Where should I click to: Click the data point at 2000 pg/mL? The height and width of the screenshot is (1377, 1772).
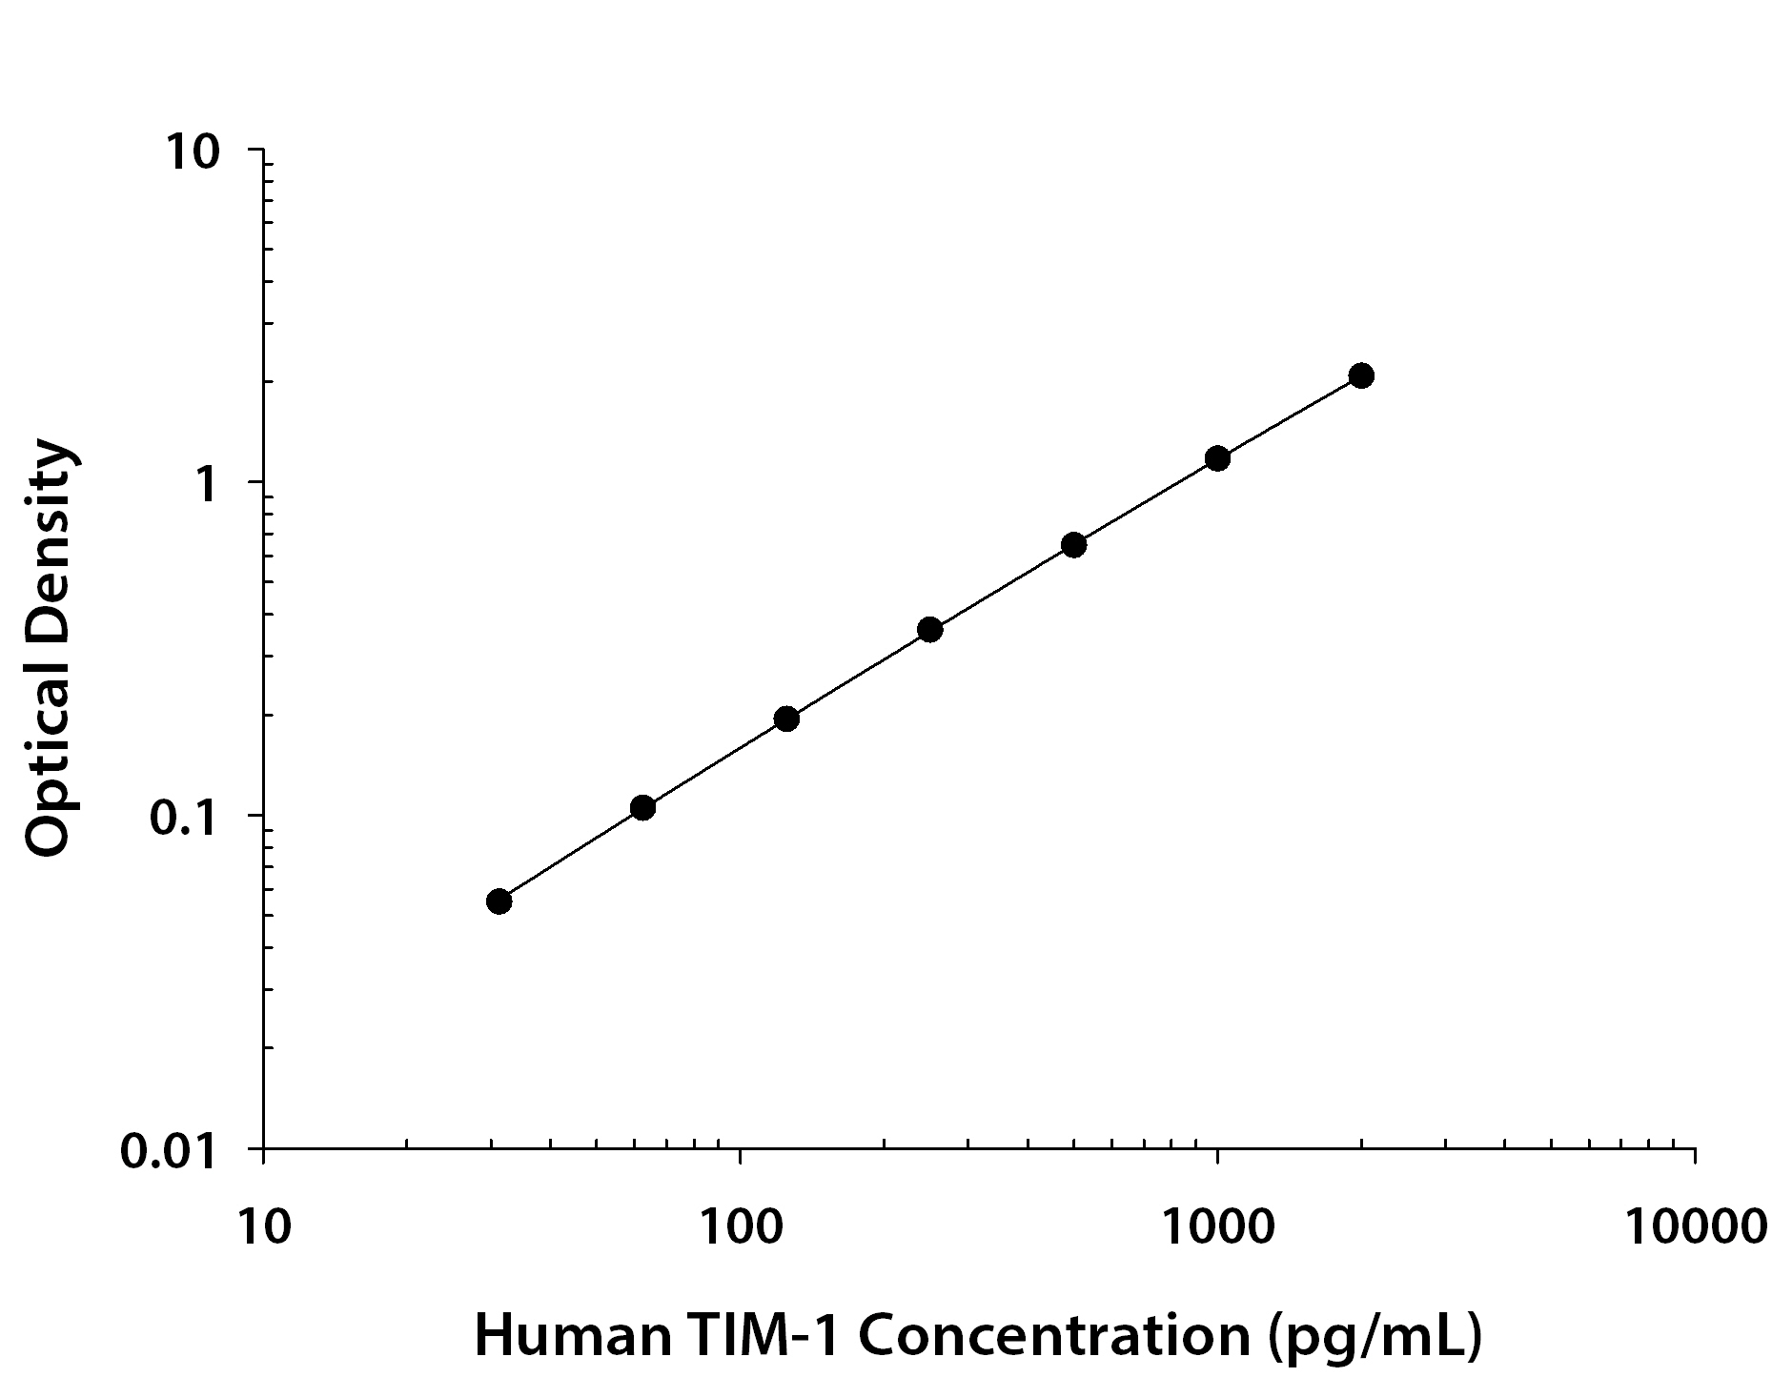[1361, 375]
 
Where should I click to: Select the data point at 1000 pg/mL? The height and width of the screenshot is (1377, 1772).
[1217, 458]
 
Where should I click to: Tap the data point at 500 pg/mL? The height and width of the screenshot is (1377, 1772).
[1073, 545]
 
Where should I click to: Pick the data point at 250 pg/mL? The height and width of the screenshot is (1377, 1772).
[930, 630]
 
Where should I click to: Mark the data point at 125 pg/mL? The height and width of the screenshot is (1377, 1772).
[786, 719]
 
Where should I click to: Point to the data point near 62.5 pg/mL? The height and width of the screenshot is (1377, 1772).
[642, 808]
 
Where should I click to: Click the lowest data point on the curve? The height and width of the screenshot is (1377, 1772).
[499, 901]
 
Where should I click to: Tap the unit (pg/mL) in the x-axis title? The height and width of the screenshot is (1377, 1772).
[1375, 1336]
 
